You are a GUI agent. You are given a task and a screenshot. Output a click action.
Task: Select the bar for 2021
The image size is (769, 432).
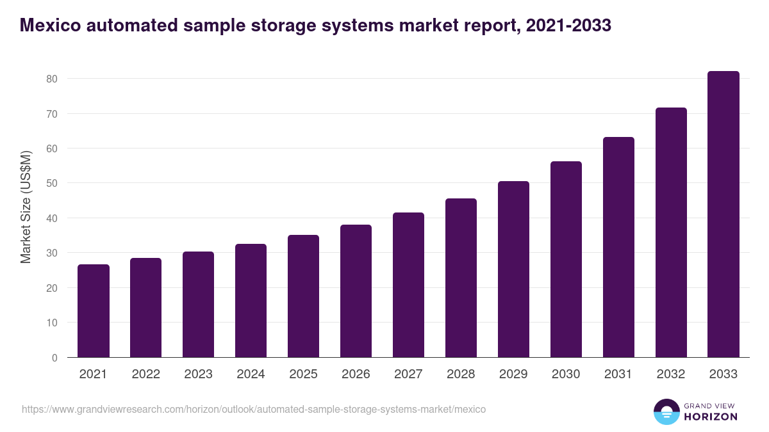pyautogui.click(x=94, y=311)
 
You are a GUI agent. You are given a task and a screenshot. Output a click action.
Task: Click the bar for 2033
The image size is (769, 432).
pyautogui.click(x=724, y=214)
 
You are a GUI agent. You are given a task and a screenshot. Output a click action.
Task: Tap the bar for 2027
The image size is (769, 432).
pyautogui.click(x=408, y=285)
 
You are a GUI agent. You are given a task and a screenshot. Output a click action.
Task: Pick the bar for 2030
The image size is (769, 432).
pyautogui.click(x=566, y=259)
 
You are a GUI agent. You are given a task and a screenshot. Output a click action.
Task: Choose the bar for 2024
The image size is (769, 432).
pyautogui.click(x=251, y=301)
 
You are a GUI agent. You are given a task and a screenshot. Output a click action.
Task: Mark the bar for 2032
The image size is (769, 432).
pyautogui.click(x=671, y=232)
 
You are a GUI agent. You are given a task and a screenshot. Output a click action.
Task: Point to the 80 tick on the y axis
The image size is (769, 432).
pyautogui.click(x=52, y=79)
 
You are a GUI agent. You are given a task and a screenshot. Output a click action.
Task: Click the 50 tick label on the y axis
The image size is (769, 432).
pyautogui.click(x=52, y=184)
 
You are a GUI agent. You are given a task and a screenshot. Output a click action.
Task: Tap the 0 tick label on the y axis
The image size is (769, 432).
pyautogui.click(x=54, y=358)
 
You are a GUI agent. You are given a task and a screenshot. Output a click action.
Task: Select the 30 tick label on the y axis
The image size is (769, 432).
pyautogui.click(x=52, y=253)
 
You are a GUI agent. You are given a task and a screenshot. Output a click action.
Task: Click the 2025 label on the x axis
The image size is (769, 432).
pyautogui.click(x=303, y=374)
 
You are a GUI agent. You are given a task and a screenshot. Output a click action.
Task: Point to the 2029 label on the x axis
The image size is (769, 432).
pyautogui.click(x=513, y=374)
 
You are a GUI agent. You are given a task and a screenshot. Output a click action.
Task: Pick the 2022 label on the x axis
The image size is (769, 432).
pyautogui.click(x=145, y=374)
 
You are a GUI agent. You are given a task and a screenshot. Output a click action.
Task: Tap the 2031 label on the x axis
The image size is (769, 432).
pyautogui.click(x=618, y=374)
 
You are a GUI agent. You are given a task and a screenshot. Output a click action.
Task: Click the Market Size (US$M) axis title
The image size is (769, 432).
pyautogui.click(x=26, y=207)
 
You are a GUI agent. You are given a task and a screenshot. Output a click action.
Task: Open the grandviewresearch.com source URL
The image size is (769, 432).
pyautogui.click(x=254, y=409)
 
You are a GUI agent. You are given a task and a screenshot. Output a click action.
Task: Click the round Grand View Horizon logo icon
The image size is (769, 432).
pyautogui.click(x=666, y=412)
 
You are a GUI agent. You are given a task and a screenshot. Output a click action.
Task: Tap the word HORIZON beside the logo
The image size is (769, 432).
pyautogui.click(x=711, y=417)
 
